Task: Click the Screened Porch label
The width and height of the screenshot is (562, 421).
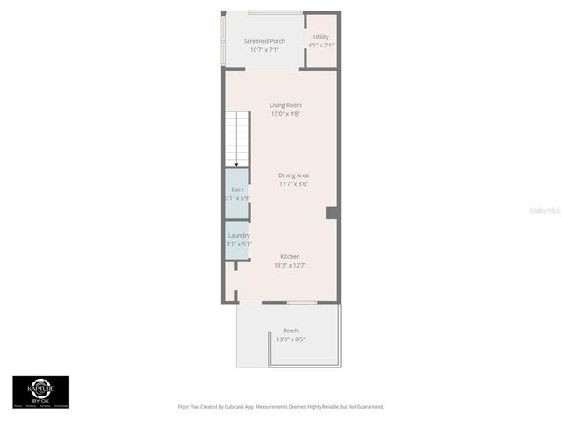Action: pos(264,41)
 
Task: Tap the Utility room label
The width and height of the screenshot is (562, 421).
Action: pos(321,37)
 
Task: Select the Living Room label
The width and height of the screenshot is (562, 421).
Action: pos(285,105)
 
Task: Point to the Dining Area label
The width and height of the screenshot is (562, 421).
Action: pos(294,175)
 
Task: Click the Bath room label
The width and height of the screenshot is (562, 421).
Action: pos(238,190)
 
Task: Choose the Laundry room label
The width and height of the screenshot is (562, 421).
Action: pos(239,235)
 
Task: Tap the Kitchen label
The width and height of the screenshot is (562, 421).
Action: pos(291,256)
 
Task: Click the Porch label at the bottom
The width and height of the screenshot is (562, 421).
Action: pos(291,331)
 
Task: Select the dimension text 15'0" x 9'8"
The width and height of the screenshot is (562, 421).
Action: pos(285,113)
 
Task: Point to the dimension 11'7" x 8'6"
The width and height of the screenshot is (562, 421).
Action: pos(294,183)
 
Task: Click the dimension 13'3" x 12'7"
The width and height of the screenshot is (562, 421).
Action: pos(291,264)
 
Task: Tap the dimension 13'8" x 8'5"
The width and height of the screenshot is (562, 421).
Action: pos(291,339)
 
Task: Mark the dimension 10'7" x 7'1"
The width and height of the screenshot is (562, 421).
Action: pos(264,49)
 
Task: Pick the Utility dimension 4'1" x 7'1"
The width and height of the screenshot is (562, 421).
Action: pos(321,45)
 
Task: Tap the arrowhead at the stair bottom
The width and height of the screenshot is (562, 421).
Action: pos(236,164)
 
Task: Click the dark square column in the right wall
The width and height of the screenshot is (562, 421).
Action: pos(332,212)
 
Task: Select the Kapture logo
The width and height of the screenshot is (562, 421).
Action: pos(40,390)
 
